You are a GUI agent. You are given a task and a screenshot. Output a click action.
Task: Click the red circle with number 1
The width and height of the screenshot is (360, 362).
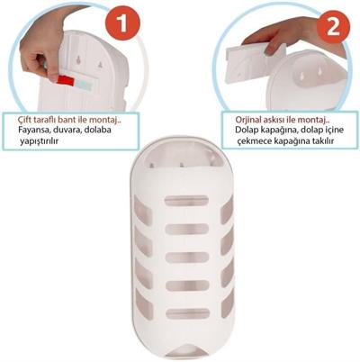(x=122, y=23)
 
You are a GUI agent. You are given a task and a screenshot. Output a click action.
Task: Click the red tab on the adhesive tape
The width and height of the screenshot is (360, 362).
(x=66, y=80)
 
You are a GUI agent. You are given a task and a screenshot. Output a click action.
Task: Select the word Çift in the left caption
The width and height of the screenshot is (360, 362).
(x=25, y=120)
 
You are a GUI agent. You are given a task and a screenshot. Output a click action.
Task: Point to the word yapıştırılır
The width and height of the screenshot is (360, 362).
(x=39, y=140)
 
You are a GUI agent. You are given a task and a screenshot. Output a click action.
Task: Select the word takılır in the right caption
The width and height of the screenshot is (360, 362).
(x=322, y=140)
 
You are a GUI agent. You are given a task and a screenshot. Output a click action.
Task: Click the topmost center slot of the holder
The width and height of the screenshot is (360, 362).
(x=186, y=201)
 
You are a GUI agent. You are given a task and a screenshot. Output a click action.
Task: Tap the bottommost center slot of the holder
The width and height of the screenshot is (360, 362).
(x=187, y=313)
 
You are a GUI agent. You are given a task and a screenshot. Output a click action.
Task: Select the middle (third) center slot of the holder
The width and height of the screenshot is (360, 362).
(x=187, y=258)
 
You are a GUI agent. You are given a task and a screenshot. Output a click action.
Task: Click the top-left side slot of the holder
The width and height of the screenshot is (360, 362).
(x=142, y=210)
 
